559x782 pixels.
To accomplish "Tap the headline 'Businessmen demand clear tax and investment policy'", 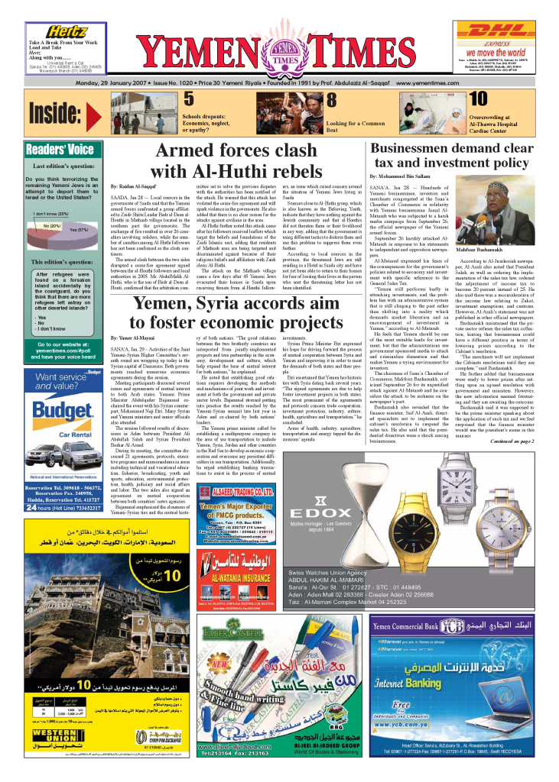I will tap(452, 155).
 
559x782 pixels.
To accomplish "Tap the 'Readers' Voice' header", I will tap(60, 150).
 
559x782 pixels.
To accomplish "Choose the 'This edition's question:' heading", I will tap(60, 261).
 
